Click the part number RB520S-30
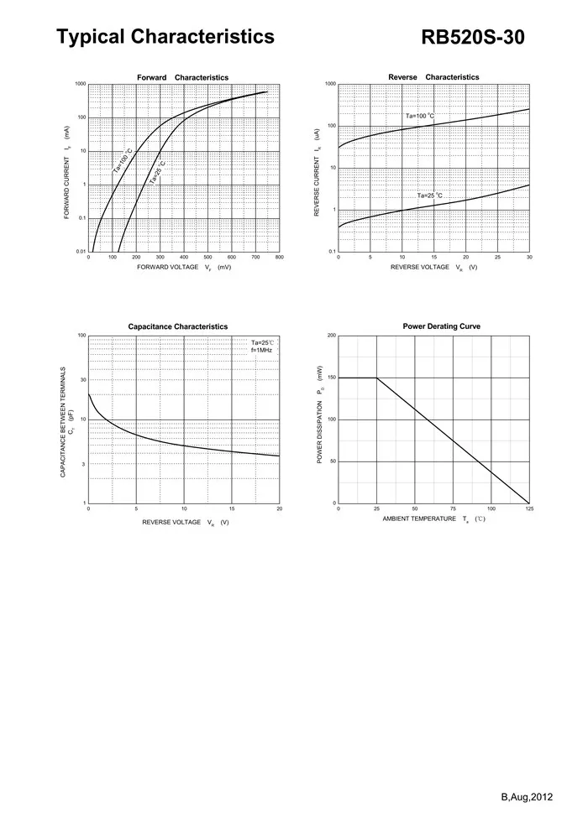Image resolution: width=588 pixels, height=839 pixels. [x=478, y=38]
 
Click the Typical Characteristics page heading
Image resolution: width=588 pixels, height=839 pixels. [x=165, y=37]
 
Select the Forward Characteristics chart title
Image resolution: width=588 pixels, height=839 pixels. [x=182, y=77]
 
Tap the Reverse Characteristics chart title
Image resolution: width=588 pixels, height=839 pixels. [x=433, y=77]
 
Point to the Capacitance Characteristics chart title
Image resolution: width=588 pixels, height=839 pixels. [x=177, y=326]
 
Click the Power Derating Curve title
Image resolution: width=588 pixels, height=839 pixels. [x=441, y=326]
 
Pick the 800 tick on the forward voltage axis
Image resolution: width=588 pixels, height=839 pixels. [x=280, y=258]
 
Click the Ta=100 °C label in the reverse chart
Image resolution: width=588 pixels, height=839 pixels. [x=420, y=116]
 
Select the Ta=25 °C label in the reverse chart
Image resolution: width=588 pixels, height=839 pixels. [x=429, y=195]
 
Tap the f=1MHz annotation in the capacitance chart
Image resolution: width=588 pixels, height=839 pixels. [x=262, y=350]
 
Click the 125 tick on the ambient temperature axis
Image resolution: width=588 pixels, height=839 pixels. [x=529, y=508]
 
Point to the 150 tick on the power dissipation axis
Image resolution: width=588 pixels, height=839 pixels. [x=332, y=378]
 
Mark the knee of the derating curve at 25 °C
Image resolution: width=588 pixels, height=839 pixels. [x=376, y=378]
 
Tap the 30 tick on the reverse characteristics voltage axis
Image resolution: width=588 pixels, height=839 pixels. [x=529, y=258]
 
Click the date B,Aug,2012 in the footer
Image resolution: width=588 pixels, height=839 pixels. [x=526, y=795]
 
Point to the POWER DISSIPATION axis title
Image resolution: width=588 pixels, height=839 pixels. [x=320, y=415]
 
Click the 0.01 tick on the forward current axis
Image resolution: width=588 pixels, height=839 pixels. [x=81, y=252]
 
